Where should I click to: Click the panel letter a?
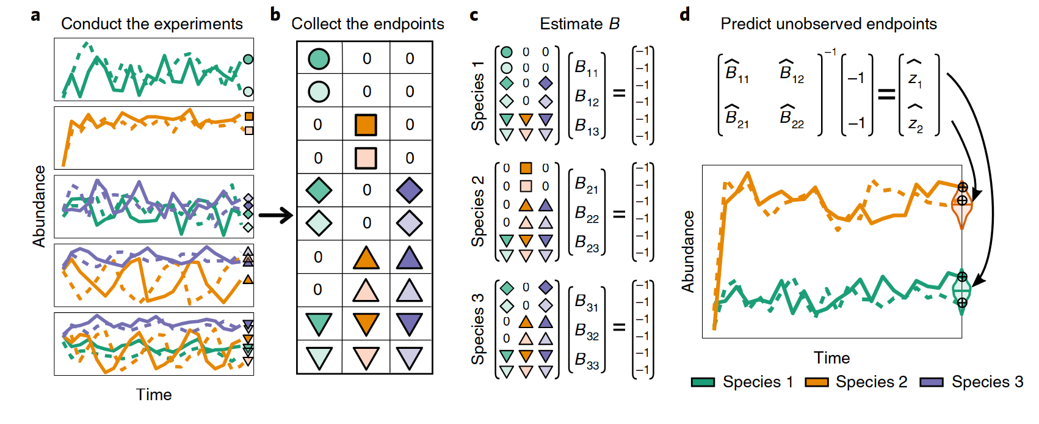36,15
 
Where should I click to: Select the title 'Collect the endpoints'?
367,24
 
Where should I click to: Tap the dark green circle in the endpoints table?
319,58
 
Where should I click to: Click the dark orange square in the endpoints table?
366,125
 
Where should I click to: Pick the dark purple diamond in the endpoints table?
409,190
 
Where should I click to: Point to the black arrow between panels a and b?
275,215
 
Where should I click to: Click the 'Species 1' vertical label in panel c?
477,96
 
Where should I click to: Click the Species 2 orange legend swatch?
817,382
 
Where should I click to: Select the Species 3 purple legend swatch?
932,382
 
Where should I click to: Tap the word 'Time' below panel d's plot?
831,358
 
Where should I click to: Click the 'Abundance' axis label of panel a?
39,207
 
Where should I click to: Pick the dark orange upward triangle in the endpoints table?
366,257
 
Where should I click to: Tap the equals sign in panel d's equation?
886,94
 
